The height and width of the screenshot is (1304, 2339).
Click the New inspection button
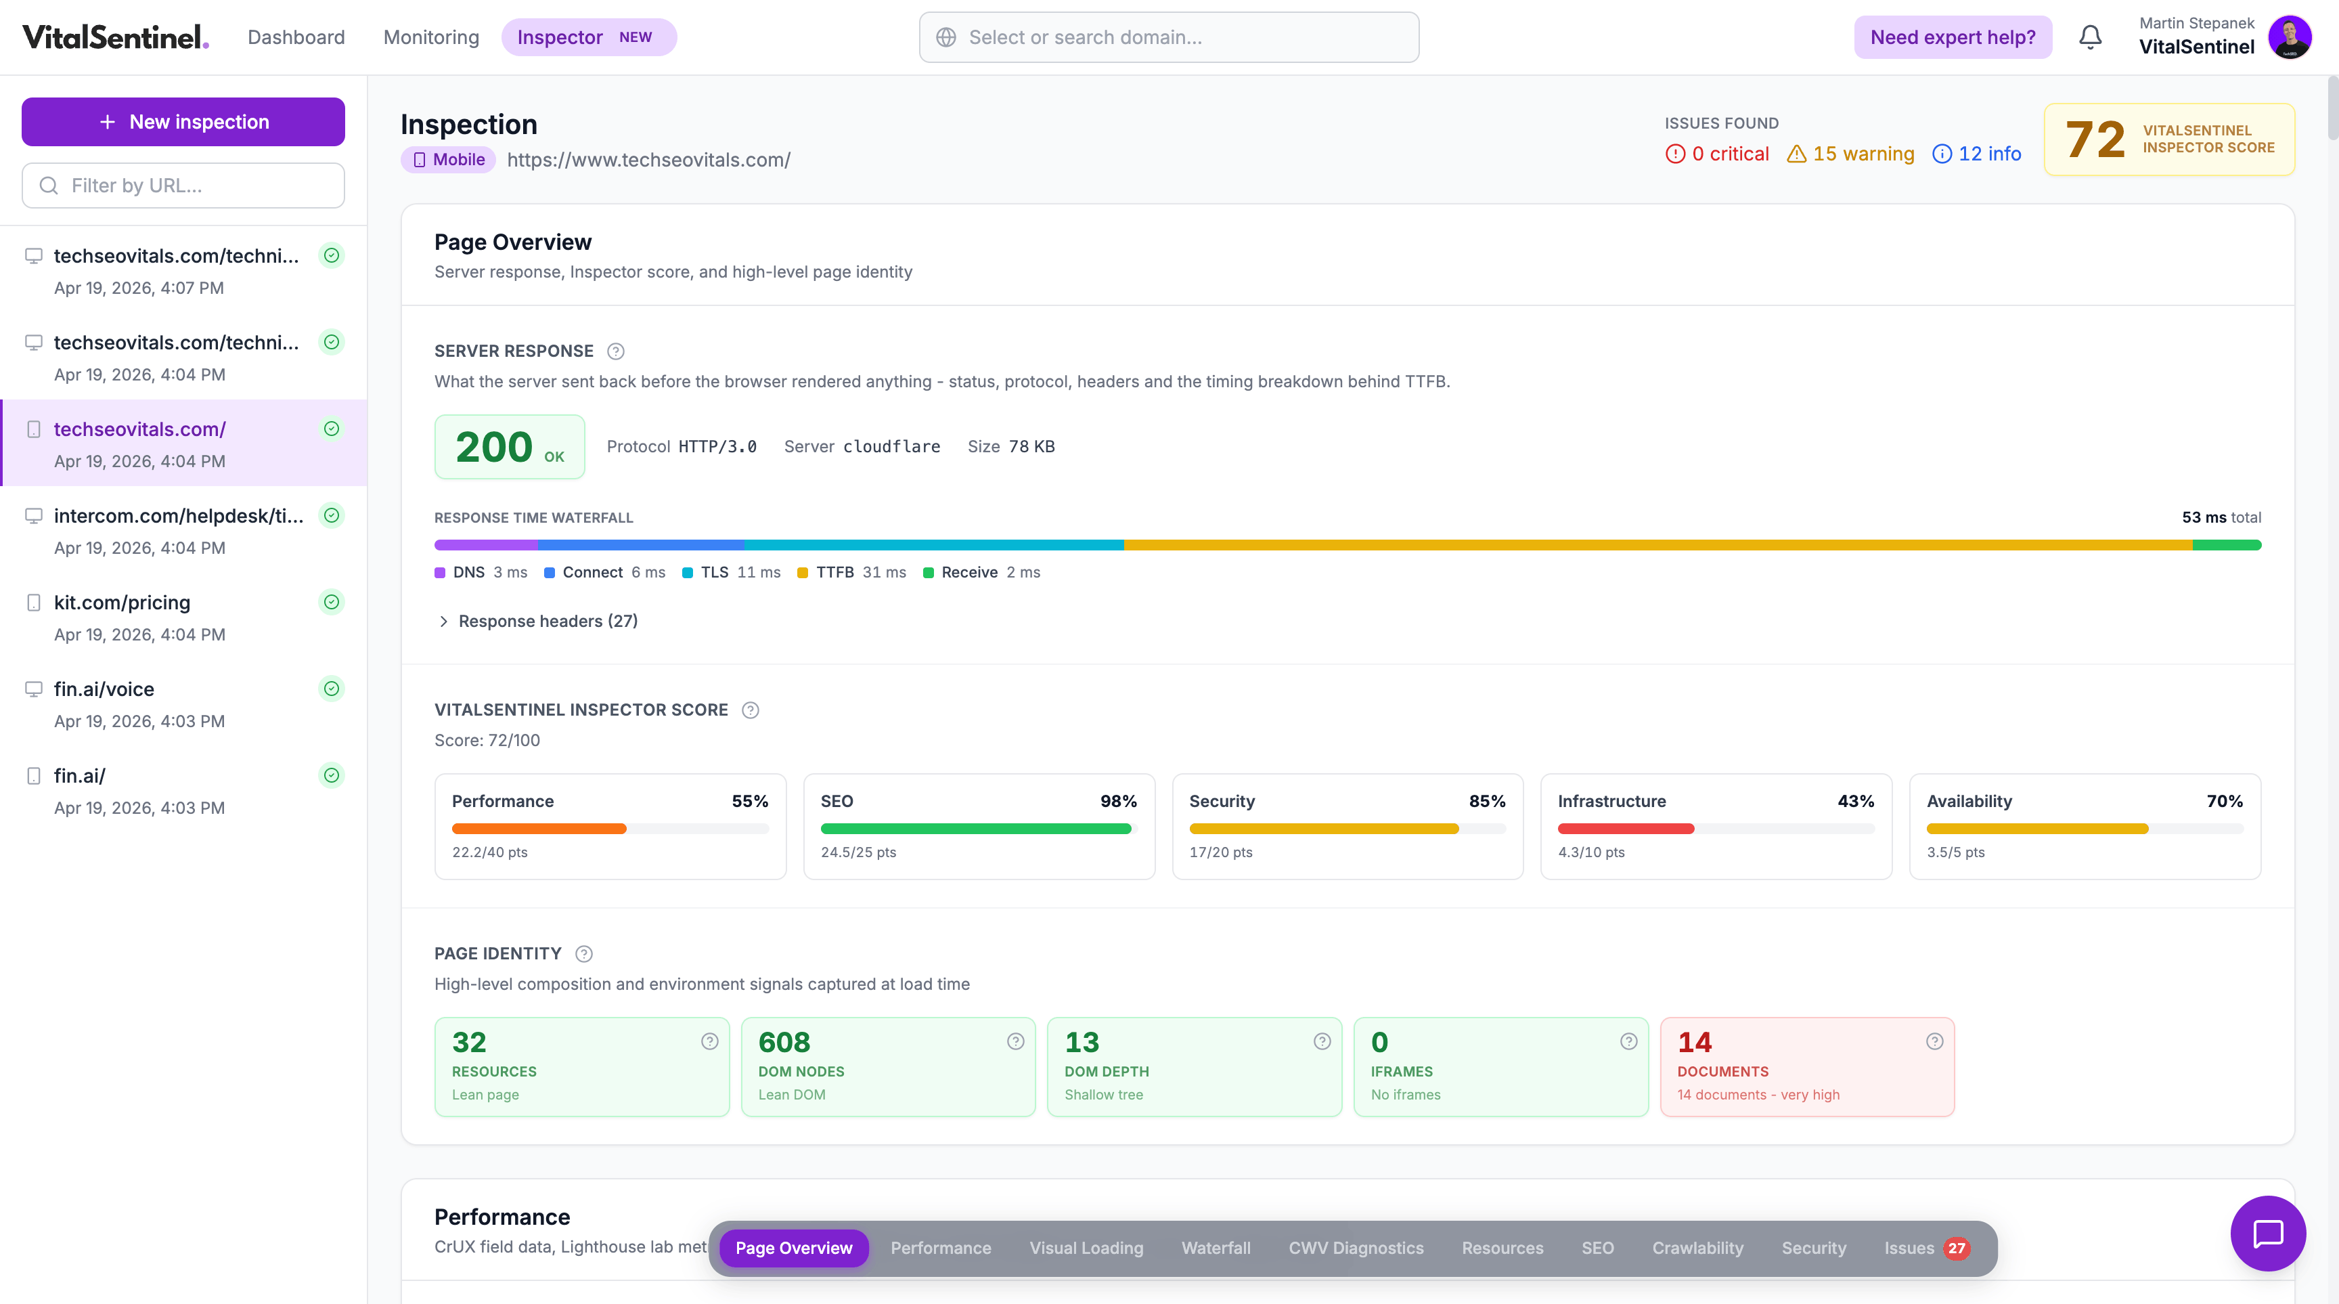(x=183, y=122)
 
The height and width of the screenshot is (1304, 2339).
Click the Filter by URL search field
(x=183, y=186)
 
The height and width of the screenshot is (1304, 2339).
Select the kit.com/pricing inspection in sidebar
(x=122, y=602)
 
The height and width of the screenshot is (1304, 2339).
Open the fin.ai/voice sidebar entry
(x=104, y=689)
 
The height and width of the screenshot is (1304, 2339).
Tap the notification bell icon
(x=2090, y=37)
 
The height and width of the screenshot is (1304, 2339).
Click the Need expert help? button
(x=1952, y=37)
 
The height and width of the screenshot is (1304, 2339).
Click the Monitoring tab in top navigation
(x=430, y=37)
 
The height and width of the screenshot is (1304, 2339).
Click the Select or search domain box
(x=1169, y=37)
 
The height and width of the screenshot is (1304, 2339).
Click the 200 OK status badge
(x=508, y=447)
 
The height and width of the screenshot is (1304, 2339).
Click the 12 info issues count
(x=1977, y=154)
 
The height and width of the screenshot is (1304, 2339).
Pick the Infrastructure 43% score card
(x=1715, y=825)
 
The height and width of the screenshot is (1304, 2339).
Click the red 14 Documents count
(x=1694, y=1041)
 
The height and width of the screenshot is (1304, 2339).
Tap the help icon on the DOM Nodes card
(x=1015, y=1041)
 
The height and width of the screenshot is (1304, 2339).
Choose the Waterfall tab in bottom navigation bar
(x=1215, y=1248)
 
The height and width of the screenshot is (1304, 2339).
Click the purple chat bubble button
(x=2267, y=1233)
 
